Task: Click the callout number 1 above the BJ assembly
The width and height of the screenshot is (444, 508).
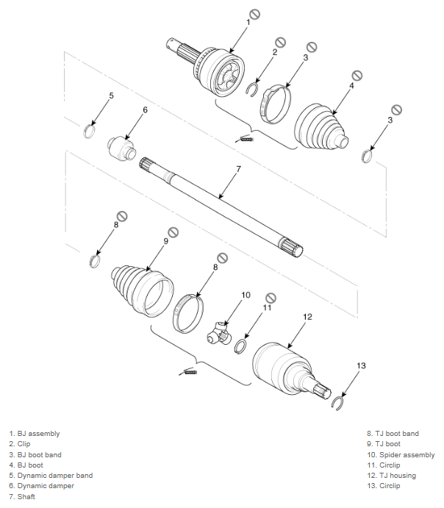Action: click(x=248, y=22)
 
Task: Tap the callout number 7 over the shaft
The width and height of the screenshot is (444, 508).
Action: click(x=239, y=169)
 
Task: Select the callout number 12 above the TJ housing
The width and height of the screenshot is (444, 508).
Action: click(x=307, y=317)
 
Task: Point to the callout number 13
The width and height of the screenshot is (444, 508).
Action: click(x=361, y=365)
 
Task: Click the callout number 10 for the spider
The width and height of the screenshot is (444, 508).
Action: click(x=246, y=295)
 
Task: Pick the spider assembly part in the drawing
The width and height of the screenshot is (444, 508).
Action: click(x=219, y=334)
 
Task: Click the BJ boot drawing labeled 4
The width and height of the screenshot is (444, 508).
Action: click(x=321, y=127)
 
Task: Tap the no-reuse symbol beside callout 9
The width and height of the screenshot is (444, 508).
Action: click(x=173, y=232)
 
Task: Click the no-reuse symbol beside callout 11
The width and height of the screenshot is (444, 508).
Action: click(x=271, y=298)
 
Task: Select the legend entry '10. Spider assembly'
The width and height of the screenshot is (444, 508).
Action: click(x=401, y=455)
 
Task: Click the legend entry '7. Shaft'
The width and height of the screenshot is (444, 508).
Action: click(x=22, y=496)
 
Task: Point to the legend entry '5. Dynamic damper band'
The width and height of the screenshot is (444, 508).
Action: click(x=51, y=476)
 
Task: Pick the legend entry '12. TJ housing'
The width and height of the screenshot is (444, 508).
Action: click(x=391, y=476)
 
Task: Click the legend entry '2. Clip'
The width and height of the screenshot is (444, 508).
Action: click(x=20, y=444)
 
